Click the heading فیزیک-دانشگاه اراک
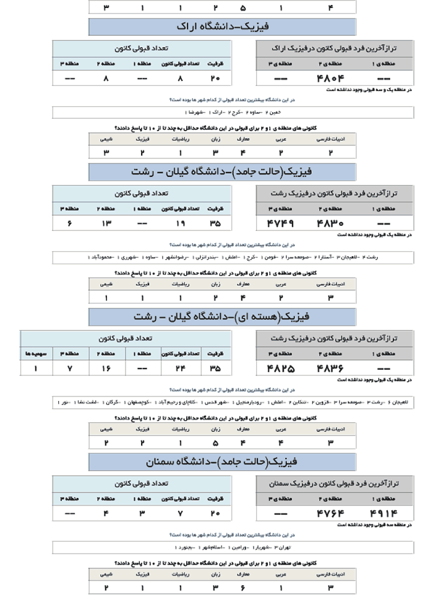[222, 27]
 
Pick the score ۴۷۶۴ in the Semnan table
[328, 513]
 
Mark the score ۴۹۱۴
[385, 513]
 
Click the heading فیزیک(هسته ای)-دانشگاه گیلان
[222, 317]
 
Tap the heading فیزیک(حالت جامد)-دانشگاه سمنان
[222, 461]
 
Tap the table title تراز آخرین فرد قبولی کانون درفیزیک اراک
[335, 47]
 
